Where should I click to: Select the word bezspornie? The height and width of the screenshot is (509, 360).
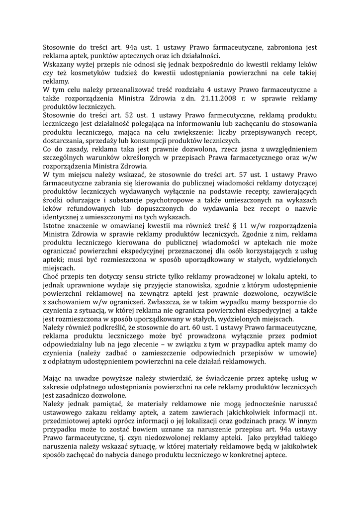pyautogui.click(x=280, y=302)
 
